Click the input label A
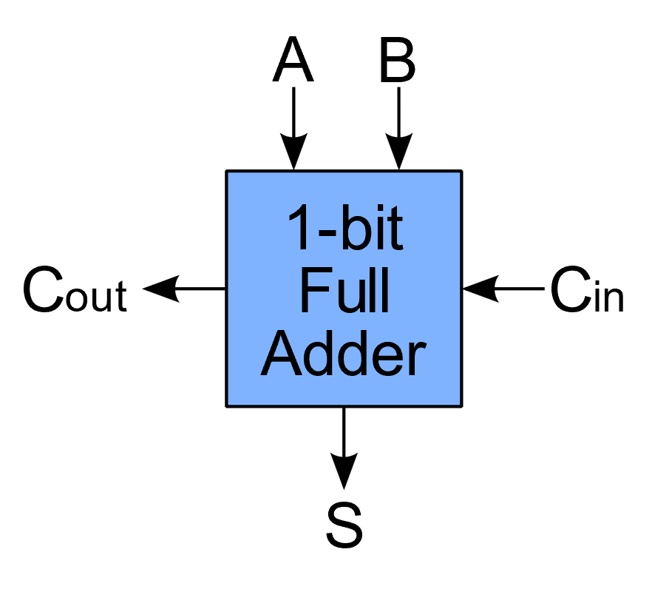coord(293,62)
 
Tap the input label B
coord(398,62)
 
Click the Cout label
coord(75,291)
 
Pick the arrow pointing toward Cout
coord(185,289)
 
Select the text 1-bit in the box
coord(344,229)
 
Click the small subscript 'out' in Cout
coord(99,297)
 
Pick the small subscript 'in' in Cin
coord(608,297)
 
